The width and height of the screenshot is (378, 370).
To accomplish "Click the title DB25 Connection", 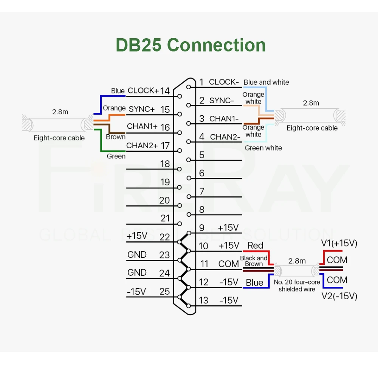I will coord(191,45).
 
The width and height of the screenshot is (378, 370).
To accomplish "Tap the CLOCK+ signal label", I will coord(143,91).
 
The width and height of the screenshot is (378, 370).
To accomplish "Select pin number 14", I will coord(164,91).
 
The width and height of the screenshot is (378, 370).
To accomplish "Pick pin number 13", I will coord(203,300).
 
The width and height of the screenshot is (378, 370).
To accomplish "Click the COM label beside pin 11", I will coord(229,264).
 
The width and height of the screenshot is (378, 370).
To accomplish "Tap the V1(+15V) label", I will coord(339,243).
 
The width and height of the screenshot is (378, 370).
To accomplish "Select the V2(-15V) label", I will coord(339,296).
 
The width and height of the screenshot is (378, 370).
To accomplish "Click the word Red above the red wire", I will coord(255,246).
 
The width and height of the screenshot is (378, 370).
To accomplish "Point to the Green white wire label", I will coord(263,148).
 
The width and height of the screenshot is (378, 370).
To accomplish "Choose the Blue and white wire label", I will coord(266,82).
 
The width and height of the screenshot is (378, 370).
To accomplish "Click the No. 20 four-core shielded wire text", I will coord(297,286).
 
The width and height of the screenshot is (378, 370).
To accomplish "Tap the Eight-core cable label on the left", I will coord(59,138).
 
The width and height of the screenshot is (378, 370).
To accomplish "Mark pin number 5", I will coord(202,155).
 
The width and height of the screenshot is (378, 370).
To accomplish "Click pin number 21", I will coord(165,218).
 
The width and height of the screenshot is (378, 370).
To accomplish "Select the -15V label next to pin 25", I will coord(136,292).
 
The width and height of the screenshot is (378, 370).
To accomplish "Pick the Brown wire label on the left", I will coord(116,137).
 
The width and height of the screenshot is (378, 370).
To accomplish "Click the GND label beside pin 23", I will coord(137,255).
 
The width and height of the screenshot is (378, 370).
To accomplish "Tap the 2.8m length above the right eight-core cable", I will coord(311,103).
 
